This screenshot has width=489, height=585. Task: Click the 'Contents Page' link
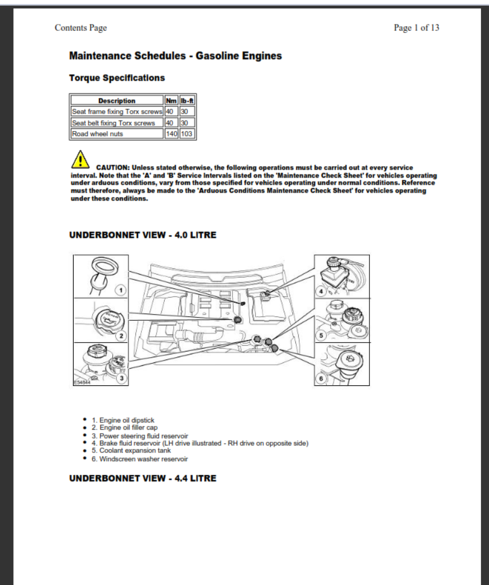point(81,28)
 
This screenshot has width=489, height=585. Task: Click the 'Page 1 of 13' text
point(416,28)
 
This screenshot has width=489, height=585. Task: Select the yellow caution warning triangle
point(80,160)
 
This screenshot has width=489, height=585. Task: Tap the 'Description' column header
point(117,101)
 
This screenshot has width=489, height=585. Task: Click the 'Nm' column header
point(171,101)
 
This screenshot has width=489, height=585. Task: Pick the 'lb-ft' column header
point(187,101)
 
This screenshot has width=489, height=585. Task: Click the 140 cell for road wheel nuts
point(171,134)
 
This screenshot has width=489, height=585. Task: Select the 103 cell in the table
point(187,134)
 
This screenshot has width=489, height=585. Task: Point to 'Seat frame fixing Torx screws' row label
point(117,111)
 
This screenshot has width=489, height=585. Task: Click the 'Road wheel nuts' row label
point(97,134)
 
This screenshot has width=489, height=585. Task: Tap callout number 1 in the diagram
point(121,290)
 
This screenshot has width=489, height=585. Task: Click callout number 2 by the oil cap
point(121,336)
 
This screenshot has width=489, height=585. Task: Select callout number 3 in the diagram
point(121,378)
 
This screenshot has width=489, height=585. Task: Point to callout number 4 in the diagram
point(321,291)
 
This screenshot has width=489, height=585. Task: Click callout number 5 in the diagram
point(321,335)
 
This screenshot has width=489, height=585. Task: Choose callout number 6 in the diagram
point(321,378)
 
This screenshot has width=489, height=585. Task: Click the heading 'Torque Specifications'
point(117,78)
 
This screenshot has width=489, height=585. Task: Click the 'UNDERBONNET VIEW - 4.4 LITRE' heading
point(143,479)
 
